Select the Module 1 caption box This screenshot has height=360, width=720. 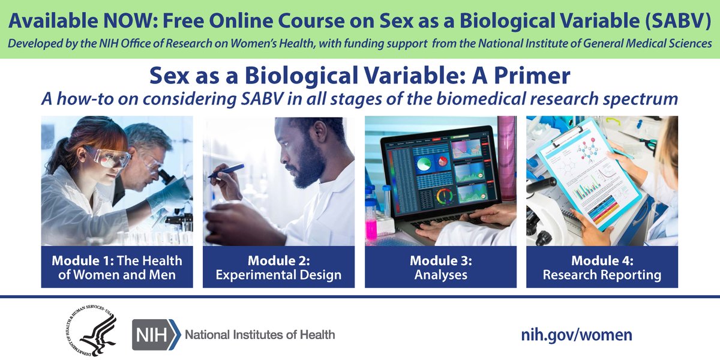click(117, 268)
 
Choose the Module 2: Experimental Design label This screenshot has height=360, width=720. click(278, 268)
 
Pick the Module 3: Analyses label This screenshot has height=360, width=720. click(440, 268)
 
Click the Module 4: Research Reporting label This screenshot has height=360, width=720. click(602, 268)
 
